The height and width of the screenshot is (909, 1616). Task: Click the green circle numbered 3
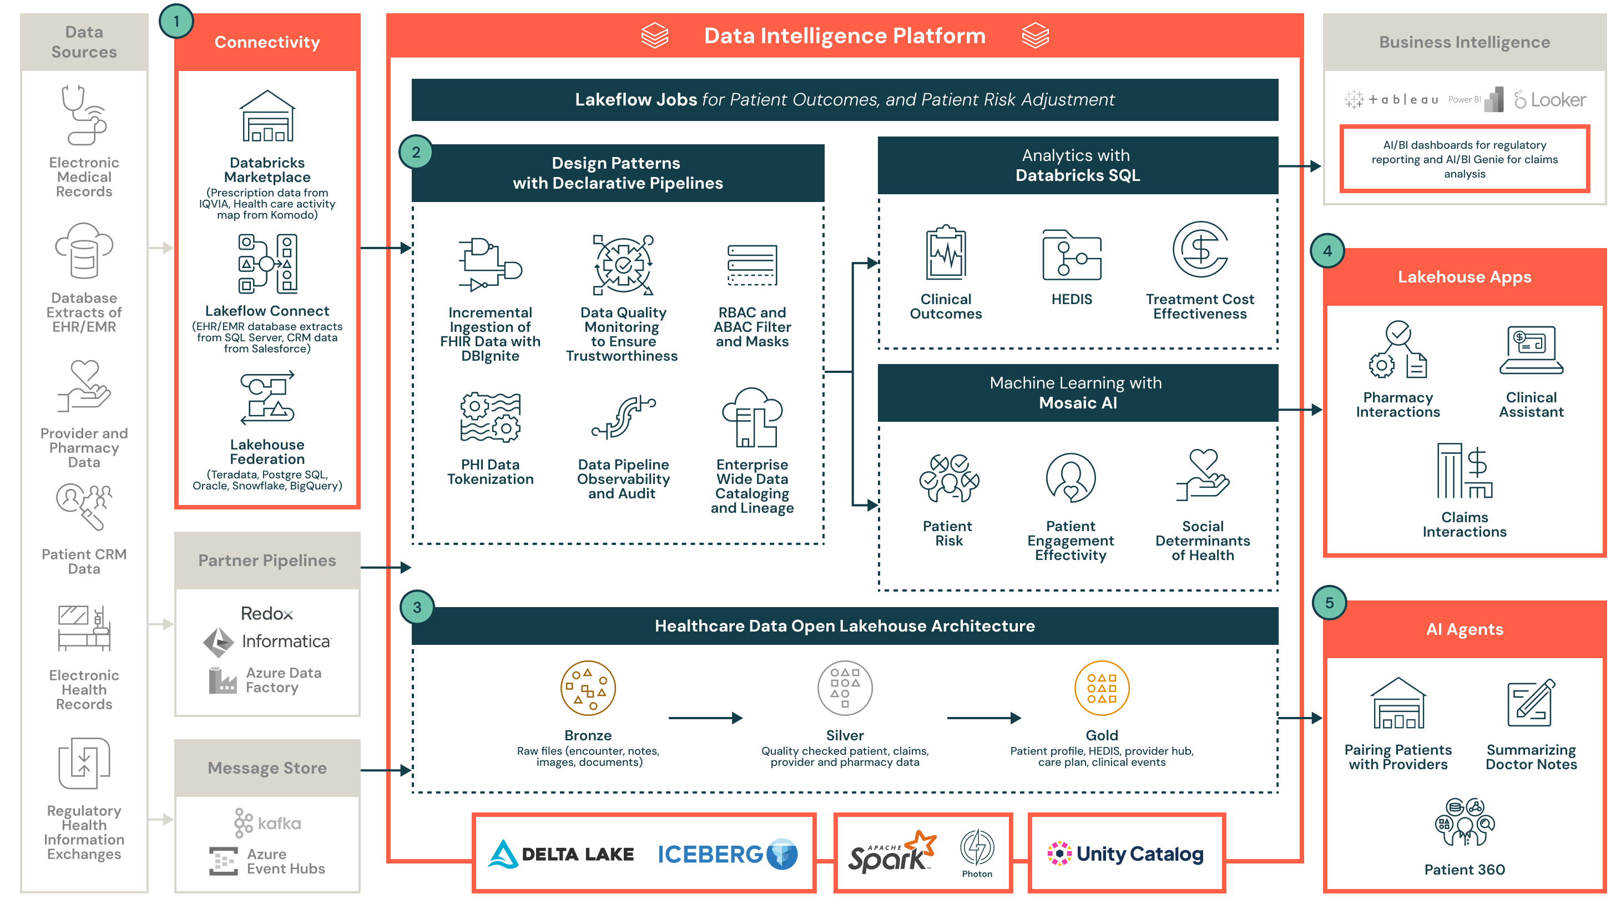(417, 607)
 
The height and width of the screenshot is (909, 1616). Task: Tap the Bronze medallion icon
(587, 688)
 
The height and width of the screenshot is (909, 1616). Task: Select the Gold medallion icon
(1101, 688)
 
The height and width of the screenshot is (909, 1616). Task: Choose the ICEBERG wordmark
(710, 854)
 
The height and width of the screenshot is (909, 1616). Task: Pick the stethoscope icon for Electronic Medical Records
(83, 115)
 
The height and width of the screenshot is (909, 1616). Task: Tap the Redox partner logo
(266, 614)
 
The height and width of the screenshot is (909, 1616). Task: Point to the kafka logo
(268, 823)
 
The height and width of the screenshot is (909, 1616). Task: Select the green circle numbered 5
(1329, 603)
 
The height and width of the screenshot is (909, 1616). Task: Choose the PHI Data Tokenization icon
(490, 418)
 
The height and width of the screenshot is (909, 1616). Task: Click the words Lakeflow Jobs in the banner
(635, 99)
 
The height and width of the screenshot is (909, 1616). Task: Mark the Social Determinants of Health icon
(1202, 475)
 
